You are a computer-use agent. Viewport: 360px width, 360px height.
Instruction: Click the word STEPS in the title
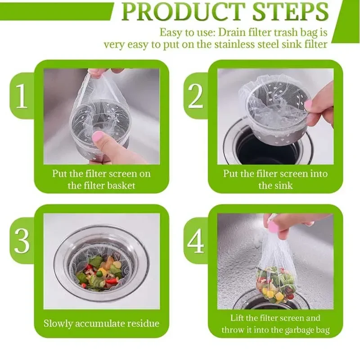click(290, 11)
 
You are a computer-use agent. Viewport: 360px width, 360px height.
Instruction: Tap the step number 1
click(22, 95)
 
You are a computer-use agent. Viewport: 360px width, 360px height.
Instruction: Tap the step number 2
click(195, 95)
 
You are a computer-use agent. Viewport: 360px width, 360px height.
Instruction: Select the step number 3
click(22, 241)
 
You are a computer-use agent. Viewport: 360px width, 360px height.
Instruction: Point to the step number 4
click(196, 241)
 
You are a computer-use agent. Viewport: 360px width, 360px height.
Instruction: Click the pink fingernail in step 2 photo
click(309, 105)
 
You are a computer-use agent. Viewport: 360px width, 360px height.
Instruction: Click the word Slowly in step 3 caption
click(58, 324)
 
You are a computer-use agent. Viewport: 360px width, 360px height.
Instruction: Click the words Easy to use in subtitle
click(187, 32)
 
